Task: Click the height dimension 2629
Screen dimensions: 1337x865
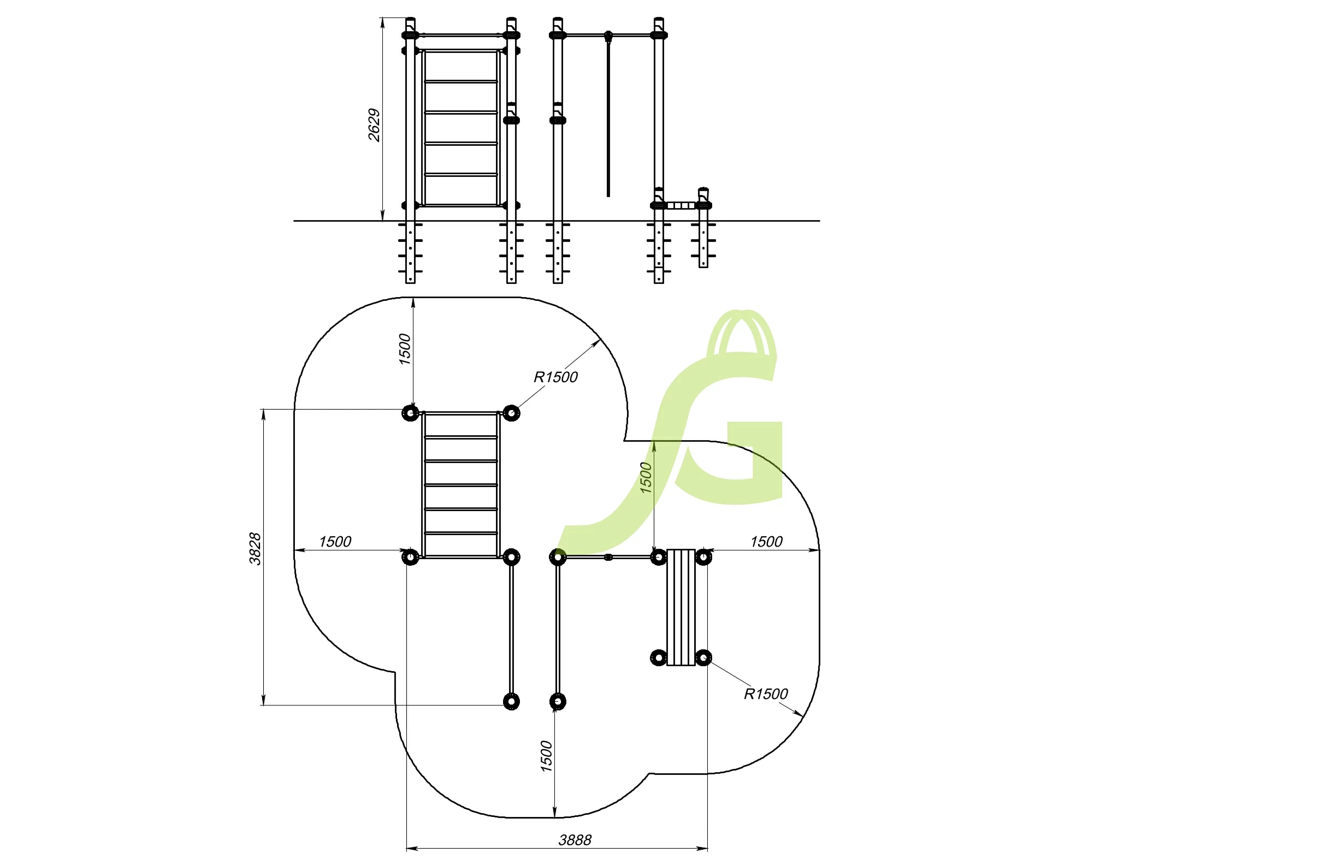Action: [x=374, y=125]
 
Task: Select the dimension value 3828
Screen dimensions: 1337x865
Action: [x=255, y=549]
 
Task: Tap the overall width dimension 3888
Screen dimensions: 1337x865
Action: [x=575, y=840]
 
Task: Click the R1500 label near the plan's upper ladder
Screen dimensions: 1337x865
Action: [x=555, y=377]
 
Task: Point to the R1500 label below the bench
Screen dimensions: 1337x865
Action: [x=766, y=694]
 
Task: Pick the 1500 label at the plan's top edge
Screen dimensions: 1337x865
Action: [x=405, y=349]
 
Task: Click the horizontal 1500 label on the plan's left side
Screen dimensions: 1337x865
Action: [x=335, y=542]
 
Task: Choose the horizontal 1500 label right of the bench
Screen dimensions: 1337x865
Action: [x=766, y=542]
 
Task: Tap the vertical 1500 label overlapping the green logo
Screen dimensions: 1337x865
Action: [x=646, y=478]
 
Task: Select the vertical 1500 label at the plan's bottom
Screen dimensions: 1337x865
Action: [x=546, y=756]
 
